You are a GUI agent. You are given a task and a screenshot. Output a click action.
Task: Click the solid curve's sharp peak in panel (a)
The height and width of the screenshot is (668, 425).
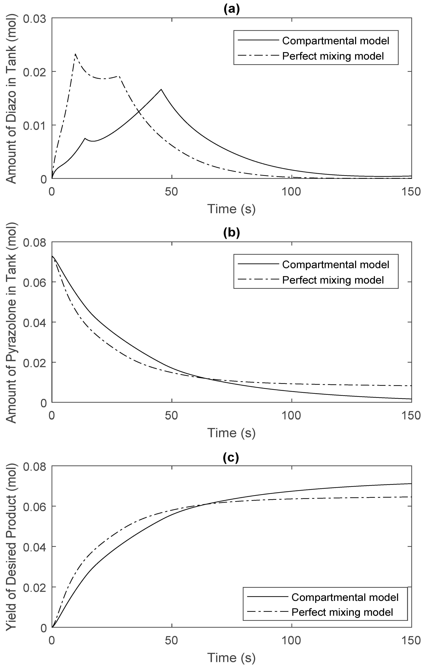click(x=161, y=89)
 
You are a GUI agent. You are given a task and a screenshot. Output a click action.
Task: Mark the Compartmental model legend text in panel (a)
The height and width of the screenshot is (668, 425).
click(x=335, y=41)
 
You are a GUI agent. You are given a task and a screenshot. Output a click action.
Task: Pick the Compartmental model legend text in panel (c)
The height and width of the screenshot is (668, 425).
click(x=345, y=597)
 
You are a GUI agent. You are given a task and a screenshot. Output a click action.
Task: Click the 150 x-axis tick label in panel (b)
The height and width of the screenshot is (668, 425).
click(x=411, y=416)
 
